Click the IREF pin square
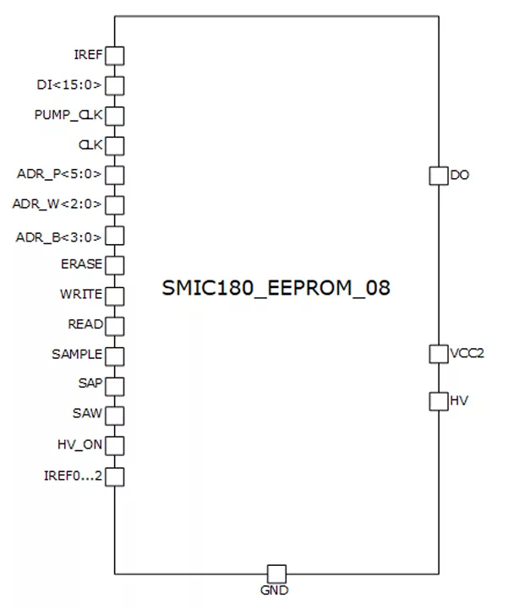click(115, 56)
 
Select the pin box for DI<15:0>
click(115, 85)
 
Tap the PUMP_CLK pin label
click(68, 115)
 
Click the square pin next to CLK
click(115, 145)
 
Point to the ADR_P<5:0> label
click(59, 175)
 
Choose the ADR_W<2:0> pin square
click(115, 205)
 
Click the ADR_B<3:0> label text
click(59, 237)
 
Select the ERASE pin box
click(115, 265)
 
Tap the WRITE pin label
click(81, 295)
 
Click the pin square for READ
click(115, 325)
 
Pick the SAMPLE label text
click(77, 355)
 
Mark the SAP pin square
click(115, 385)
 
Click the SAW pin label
click(88, 414)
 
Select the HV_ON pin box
click(115, 445)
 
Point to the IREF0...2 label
click(73, 476)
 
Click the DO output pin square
click(439, 176)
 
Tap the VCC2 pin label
click(467, 354)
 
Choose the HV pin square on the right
click(439, 400)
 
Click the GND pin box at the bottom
click(276, 574)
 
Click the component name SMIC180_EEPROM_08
click(276, 289)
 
